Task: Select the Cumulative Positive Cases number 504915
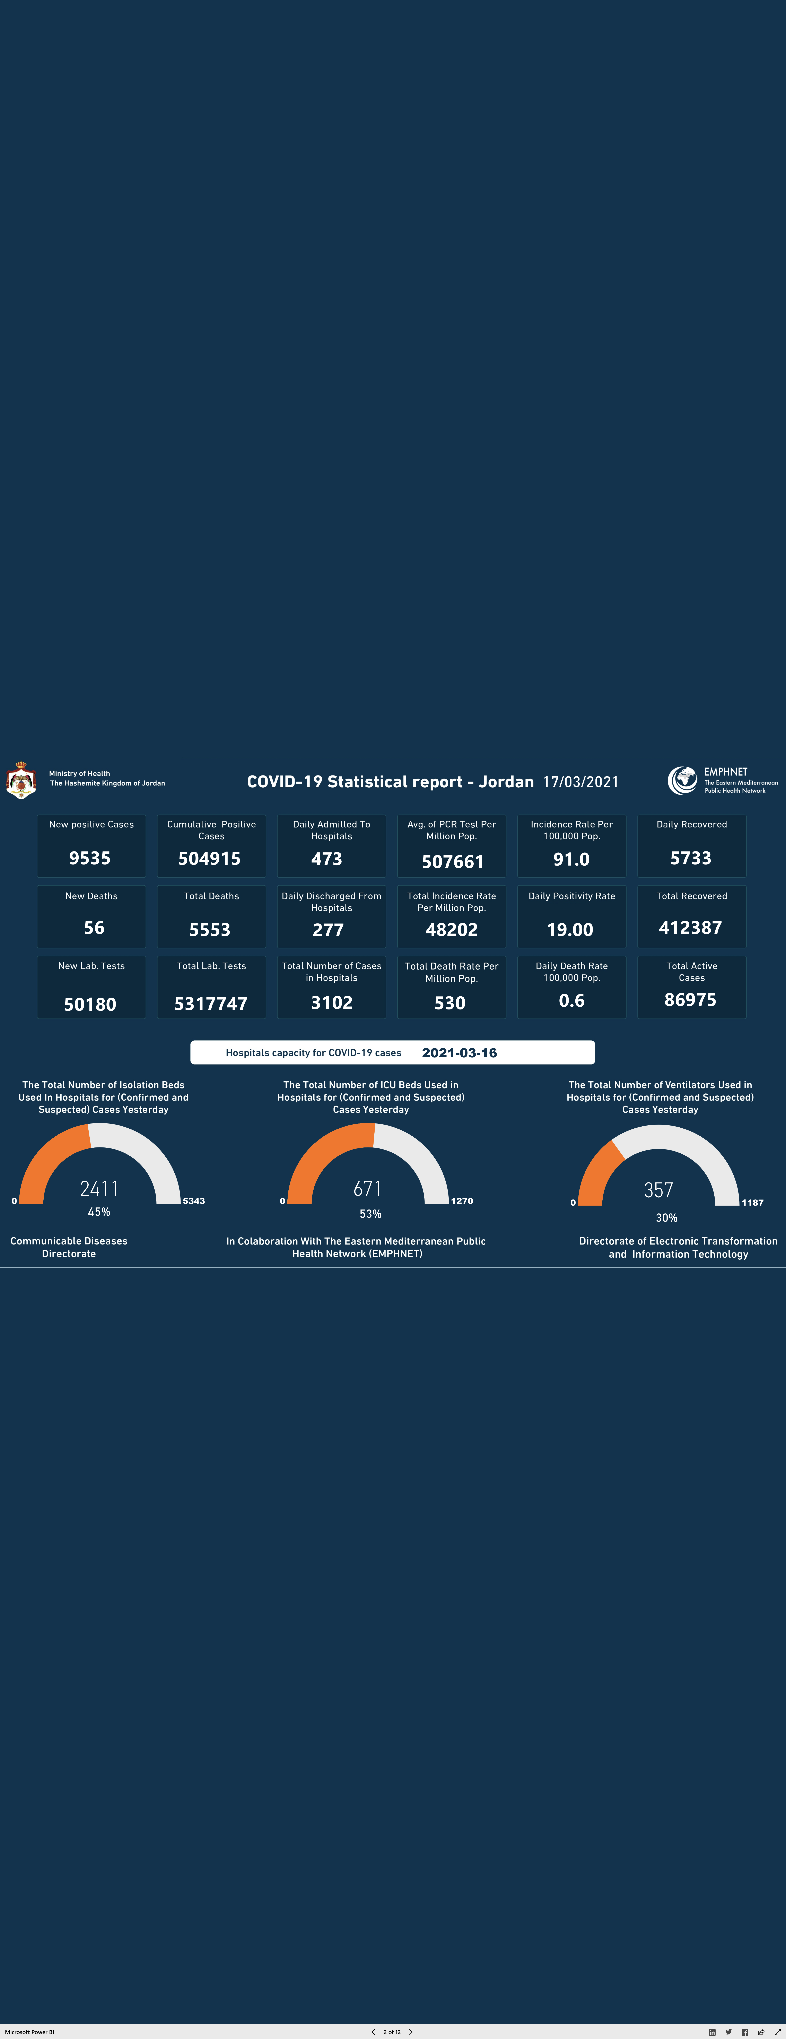click(x=210, y=858)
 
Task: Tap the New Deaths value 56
click(x=94, y=928)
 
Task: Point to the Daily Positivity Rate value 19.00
click(x=570, y=929)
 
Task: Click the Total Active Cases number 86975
click(x=690, y=1000)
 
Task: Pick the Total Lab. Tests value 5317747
click(x=211, y=1004)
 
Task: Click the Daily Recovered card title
click(x=692, y=824)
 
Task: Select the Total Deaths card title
click(x=211, y=896)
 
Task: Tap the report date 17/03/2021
click(x=581, y=782)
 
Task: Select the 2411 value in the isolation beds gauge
click(x=99, y=1188)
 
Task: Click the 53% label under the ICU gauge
click(x=370, y=1213)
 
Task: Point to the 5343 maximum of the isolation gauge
click(x=194, y=1201)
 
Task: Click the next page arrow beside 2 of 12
click(x=411, y=2031)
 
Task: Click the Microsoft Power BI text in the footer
click(x=29, y=2032)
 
